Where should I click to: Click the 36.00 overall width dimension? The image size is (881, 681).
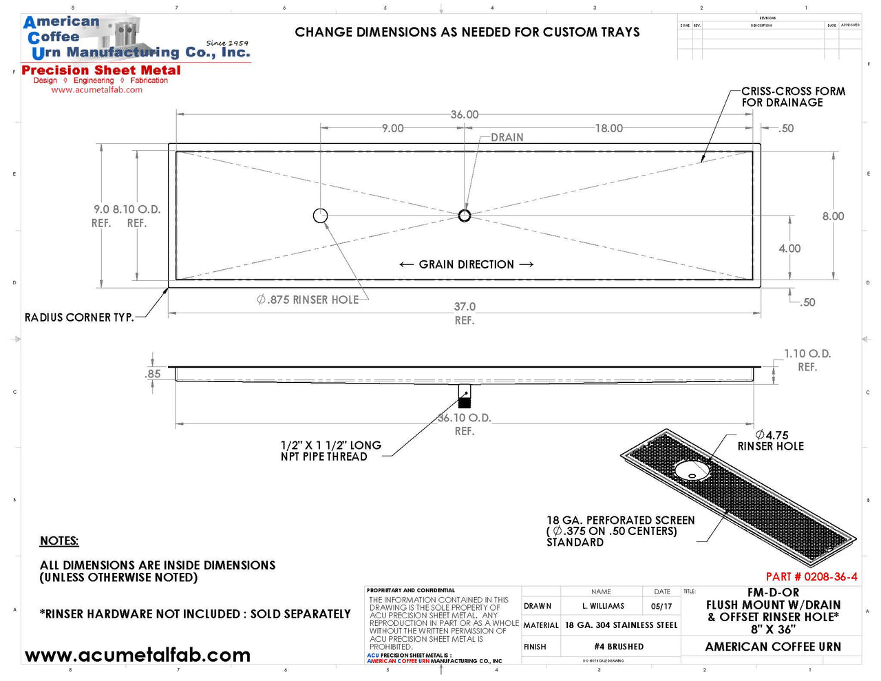coord(464,114)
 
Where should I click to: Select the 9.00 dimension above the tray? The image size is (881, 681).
coord(392,128)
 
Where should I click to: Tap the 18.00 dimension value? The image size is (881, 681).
coord(608,128)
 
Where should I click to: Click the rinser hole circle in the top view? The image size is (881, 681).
coord(320,216)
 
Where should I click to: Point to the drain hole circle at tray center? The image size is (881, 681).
coord(465,216)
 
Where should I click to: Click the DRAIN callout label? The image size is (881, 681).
coord(507,138)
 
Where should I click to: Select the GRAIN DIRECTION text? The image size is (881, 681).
coord(466,264)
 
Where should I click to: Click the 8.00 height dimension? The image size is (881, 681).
coord(833,216)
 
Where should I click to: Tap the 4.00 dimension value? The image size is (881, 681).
coord(789,249)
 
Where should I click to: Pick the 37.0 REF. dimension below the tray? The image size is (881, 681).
coord(465,313)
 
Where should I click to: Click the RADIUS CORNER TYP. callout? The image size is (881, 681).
coord(79,317)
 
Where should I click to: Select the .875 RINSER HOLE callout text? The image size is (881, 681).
coord(308,300)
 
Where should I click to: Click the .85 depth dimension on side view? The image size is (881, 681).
coord(153,374)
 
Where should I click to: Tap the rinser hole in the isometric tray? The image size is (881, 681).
coord(692,470)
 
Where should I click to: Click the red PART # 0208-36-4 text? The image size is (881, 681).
coord(811,577)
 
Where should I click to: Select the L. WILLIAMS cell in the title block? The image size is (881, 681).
coord(603,607)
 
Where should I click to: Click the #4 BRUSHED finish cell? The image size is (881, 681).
coord(619,647)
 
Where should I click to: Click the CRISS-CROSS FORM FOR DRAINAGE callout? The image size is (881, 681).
coord(793,96)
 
